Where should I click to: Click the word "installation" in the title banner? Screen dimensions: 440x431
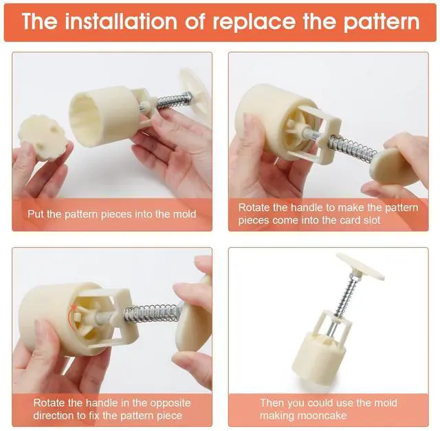tap(121, 21)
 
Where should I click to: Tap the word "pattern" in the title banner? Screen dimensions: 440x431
tap(382, 23)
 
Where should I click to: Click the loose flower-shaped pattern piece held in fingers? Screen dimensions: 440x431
tap(43, 138)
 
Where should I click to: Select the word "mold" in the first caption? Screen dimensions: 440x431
tap(185, 214)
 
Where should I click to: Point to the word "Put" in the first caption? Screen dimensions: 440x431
tap(36, 214)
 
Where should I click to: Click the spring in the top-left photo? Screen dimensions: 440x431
tap(174, 101)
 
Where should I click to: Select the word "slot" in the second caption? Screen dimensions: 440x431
tap(371, 220)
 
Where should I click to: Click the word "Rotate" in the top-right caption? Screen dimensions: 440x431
tap(254, 208)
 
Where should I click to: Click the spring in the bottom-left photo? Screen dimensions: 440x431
tap(151, 313)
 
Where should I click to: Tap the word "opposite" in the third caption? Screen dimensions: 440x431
tap(170, 403)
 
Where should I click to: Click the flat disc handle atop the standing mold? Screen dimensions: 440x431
tap(360, 266)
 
